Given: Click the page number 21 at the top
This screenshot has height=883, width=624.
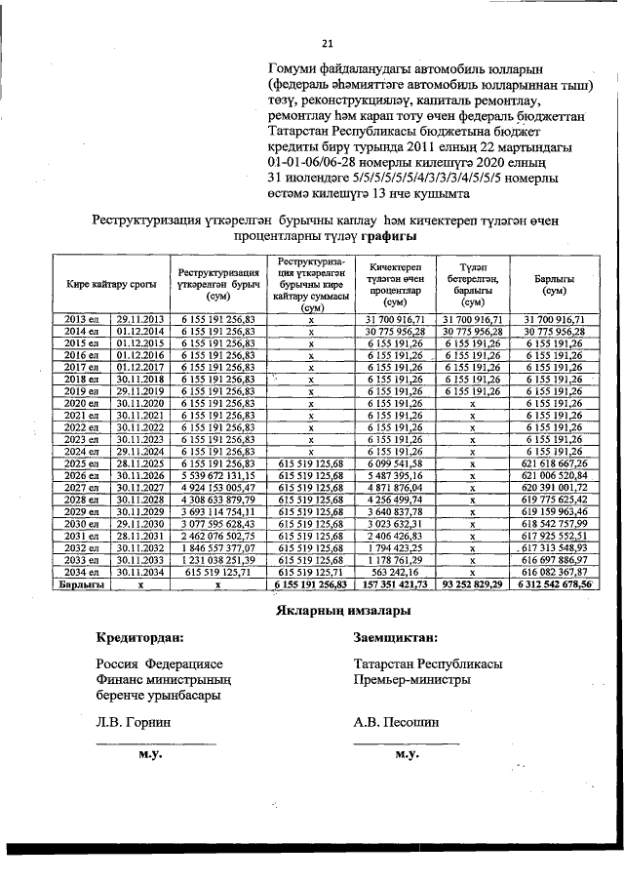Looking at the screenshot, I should (328, 43).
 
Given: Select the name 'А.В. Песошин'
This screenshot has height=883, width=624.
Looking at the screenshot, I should (397, 723).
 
